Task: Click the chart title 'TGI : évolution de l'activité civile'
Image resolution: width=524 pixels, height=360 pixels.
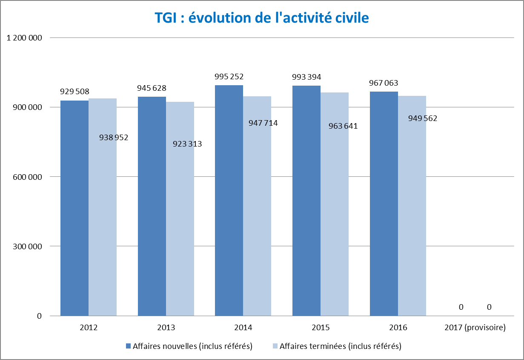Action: tap(261, 17)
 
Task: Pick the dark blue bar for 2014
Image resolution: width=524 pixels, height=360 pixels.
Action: tap(229, 200)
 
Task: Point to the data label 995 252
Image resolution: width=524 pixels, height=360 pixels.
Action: tap(229, 77)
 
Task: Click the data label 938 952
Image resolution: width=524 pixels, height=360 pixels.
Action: tap(113, 138)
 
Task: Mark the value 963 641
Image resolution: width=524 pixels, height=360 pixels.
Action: tap(343, 126)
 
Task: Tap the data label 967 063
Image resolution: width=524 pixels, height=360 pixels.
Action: tap(384, 83)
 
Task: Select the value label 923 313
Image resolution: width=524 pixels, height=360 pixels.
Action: tap(187, 144)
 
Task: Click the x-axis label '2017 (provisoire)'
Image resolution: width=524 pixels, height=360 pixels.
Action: tap(475, 328)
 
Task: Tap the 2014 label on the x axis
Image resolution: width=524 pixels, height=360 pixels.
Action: tap(243, 328)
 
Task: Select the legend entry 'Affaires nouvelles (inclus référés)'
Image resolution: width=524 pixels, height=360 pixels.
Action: tap(192, 346)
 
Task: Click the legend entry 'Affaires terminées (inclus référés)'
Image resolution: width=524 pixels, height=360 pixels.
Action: tap(340, 346)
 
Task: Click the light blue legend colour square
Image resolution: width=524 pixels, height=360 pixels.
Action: tap(275, 346)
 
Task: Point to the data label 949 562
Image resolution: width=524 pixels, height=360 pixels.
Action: tap(423, 118)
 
